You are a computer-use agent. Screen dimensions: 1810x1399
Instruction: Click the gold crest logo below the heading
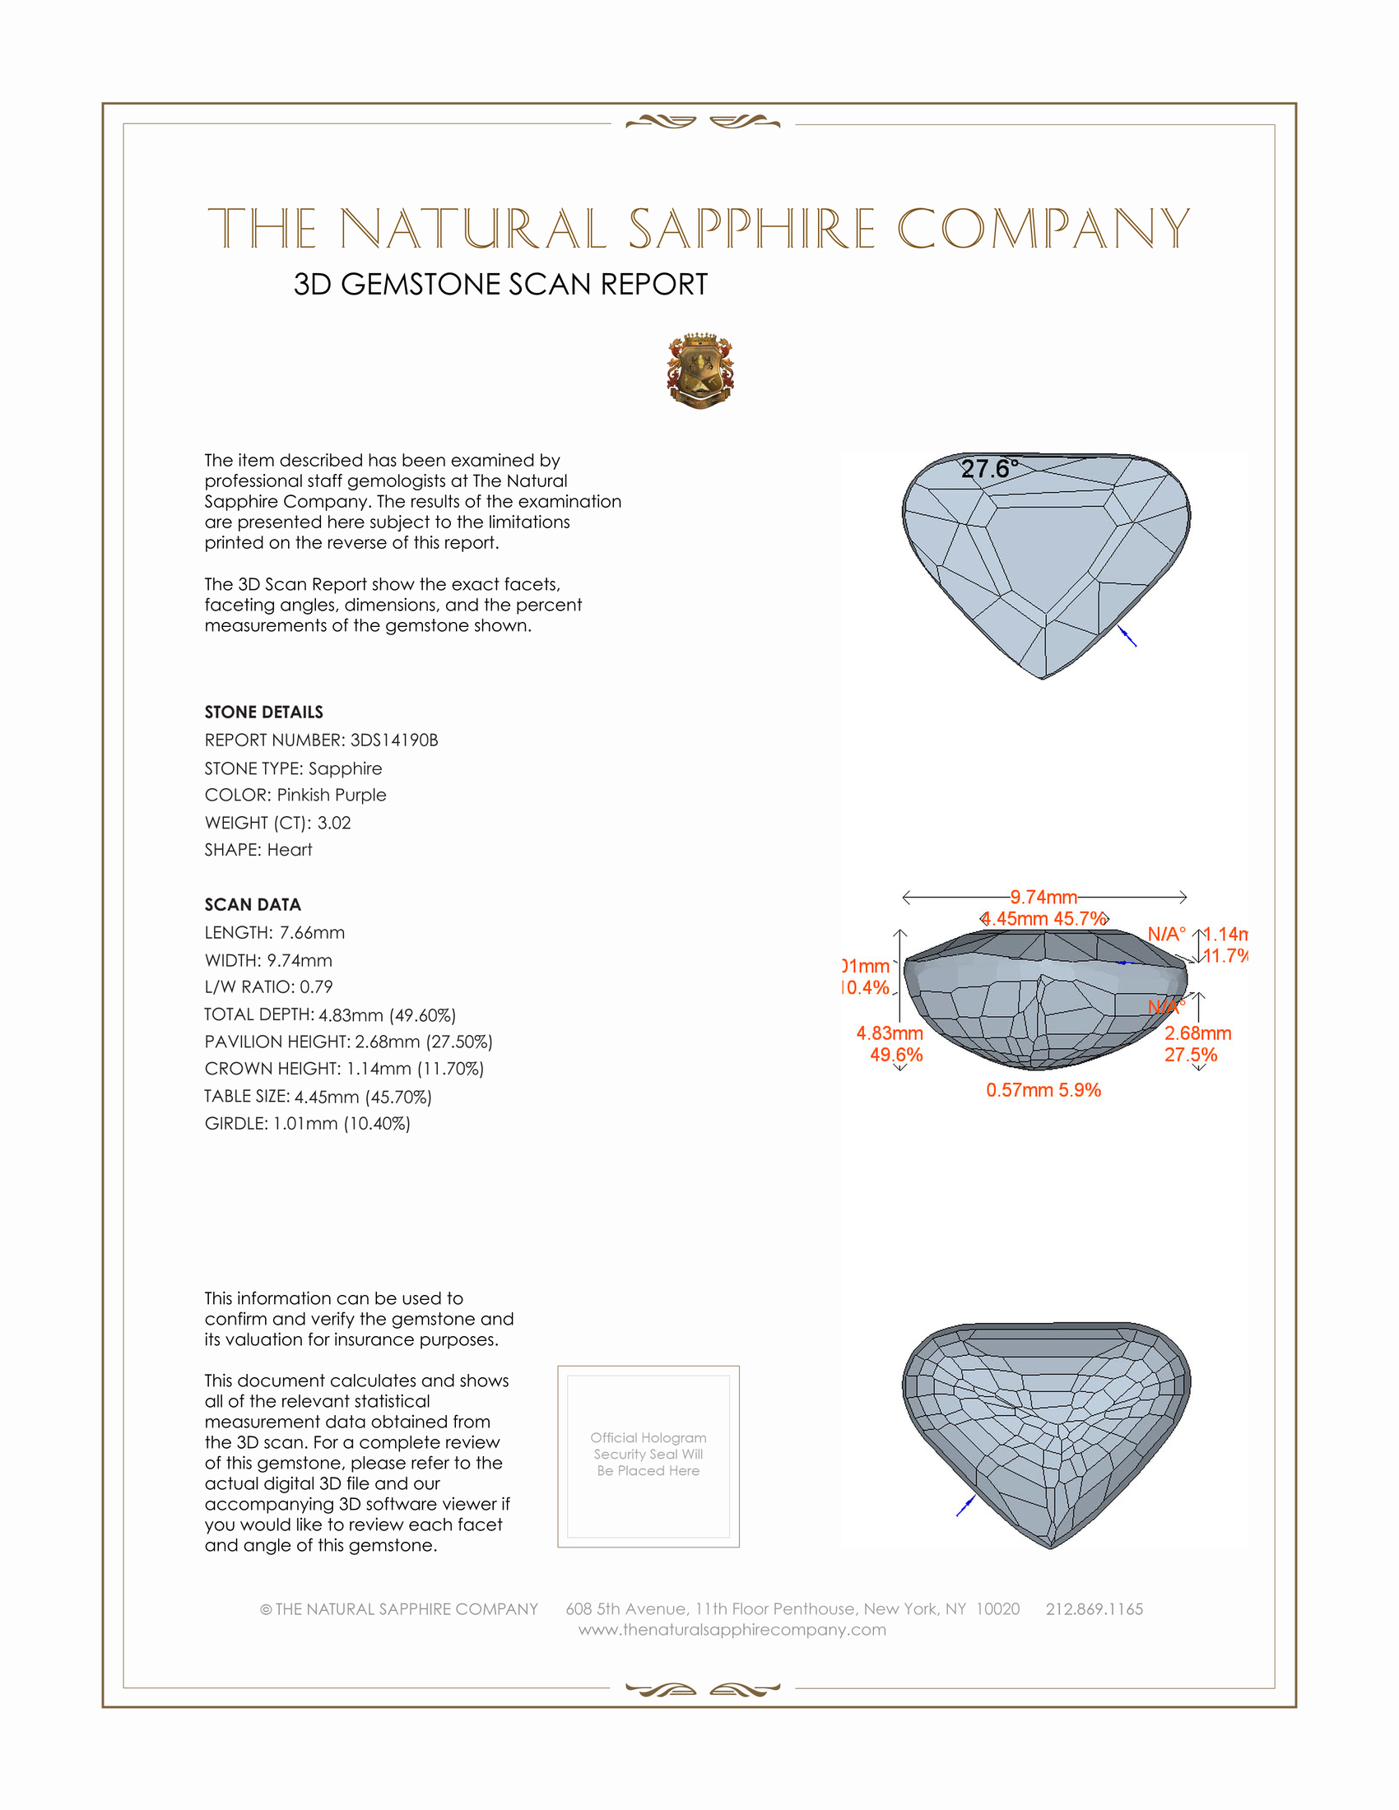pos(700,370)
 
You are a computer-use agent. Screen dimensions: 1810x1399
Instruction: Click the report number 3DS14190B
pos(393,740)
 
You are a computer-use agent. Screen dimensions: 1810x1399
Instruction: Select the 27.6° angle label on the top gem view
pos(988,469)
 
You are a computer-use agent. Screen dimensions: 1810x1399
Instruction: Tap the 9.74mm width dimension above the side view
pos(1043,897)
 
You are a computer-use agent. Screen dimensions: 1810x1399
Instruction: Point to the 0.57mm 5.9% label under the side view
pos(1043,1090)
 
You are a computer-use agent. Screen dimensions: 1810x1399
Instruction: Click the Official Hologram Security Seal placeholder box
pos(648,1456)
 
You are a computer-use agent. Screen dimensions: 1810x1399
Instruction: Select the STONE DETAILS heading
pos(263,712)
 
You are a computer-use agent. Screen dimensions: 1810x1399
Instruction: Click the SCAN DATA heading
pos(253,904)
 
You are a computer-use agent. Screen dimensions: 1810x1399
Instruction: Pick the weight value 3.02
pos(334,823)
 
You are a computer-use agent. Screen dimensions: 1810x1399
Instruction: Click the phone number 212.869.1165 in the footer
pos(1094,1608)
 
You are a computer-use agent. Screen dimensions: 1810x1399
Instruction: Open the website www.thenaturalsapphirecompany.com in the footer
pos(732,1629)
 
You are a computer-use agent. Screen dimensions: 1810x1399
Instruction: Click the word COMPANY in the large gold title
pos(1043,229)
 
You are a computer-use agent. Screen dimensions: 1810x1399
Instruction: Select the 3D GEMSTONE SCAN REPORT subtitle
pos(500,285)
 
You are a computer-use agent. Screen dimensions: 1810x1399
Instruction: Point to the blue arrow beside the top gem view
pos(1127,637)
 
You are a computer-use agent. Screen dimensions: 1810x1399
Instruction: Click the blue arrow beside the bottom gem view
pos(965,1506)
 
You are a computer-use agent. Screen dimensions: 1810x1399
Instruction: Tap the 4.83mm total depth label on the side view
pos(890,1033)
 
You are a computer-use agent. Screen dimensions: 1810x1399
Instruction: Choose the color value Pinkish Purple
pos(332,795)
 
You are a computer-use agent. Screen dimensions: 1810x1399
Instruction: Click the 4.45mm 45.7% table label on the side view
pos(1044,918)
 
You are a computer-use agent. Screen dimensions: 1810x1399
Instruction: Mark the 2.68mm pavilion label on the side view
pos(1197,1033)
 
